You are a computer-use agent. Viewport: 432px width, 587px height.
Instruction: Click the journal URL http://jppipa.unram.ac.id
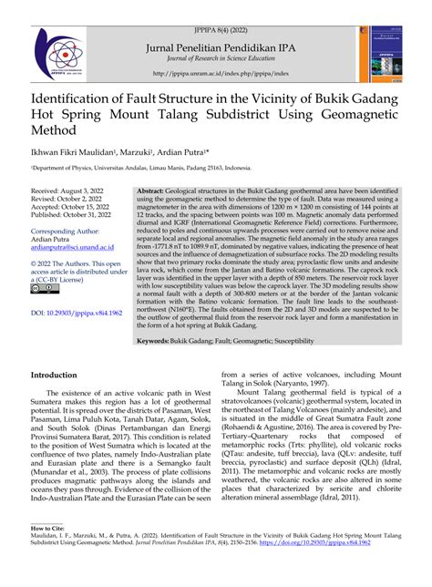[216, 73]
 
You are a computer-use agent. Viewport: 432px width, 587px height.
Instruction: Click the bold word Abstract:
[153, 210]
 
